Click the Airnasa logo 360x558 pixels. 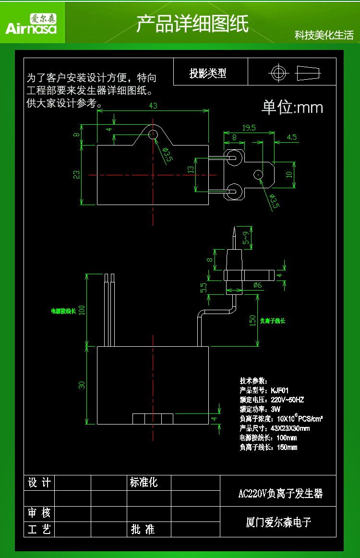point(31,24)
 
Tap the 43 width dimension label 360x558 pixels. point(153,106)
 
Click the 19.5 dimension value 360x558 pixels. point(249,128)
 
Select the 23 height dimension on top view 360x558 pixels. point(76,174)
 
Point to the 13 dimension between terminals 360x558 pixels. point(191,170)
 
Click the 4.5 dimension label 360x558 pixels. point(292,137)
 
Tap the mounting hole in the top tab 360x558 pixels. point(153,134)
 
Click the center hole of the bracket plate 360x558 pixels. point(258,174)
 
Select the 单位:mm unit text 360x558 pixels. point(292,107)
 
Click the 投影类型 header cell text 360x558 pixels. point(208,73)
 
